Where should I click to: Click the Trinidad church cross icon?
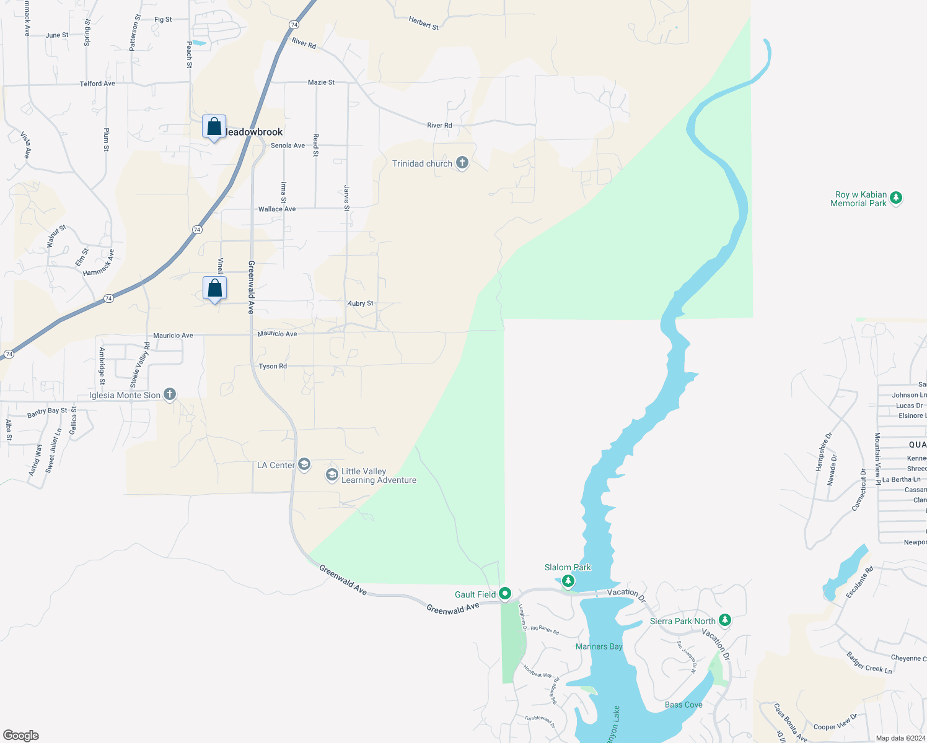click(x=462, y=163)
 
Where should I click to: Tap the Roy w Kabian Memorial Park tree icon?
click(x=895, y=198)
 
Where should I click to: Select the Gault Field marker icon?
click(x=505, y=594)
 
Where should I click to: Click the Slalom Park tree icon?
click(x=568, y=581)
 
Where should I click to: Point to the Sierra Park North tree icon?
click(x=724, y=620)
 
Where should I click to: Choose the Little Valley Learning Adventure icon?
click(x=332, y=475)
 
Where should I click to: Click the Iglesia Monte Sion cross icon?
click(x=169, y=394)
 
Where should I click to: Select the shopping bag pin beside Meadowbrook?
click(x=214, y=127)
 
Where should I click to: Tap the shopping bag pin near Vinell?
click(x=214, y=288)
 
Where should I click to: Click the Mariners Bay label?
click(x=599, y=646)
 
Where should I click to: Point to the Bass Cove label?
click(x=683, y=705)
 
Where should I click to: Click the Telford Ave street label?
click(x=97, y=84)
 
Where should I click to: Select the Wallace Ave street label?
click(x=277, y=209)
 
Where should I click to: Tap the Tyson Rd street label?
click(x=273, y=367)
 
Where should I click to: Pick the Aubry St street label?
click(x=361, y=303)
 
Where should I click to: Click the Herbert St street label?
click(x=424, y=23)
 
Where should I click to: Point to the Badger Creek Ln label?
click(x=869, y=663)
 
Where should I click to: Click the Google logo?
click(x=21, y=736)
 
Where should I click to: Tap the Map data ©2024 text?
click(x=898, y=738)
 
